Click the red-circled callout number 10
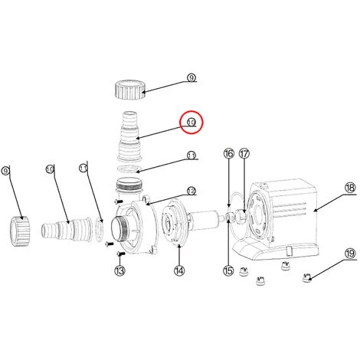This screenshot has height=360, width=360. pos(191,122)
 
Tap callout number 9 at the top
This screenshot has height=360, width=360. pos(191,77)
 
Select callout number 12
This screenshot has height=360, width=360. pos(191,191)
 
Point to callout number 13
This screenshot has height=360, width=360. pos(119,270)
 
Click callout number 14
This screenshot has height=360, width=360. pos(179,270)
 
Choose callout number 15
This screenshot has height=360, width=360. pos(228,270)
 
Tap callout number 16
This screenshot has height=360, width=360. pos(229,154)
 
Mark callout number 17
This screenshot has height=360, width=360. pos(244,154)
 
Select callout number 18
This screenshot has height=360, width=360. pos(350,188)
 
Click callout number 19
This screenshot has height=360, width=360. pos(350,254)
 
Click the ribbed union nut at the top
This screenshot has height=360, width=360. pos(130,90)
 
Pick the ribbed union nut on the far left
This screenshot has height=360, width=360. pos(21,231)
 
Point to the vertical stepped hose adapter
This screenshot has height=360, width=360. pos(129,136)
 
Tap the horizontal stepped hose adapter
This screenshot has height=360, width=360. pos(67,229)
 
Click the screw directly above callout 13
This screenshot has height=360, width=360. pos(121,254)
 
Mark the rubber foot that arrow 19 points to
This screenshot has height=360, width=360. pos(306,278)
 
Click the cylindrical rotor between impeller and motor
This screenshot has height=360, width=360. pos(205,220)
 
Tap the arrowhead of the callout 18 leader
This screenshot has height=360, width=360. pos(315,211)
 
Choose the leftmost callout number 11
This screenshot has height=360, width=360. pos(83,169)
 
